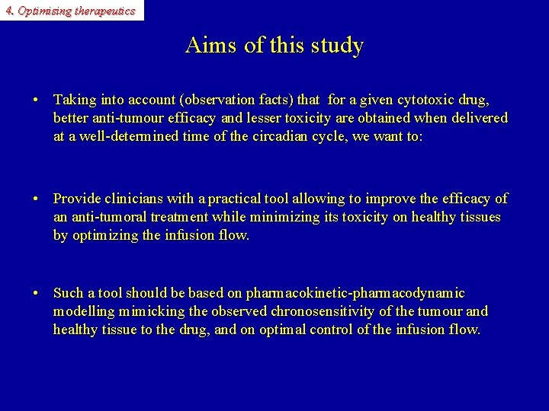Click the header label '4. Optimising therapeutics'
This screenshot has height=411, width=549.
click(x=70, y=11)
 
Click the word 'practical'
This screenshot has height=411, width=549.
click(x=233, y=199)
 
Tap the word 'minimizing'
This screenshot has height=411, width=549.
click(x=280, y=217)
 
